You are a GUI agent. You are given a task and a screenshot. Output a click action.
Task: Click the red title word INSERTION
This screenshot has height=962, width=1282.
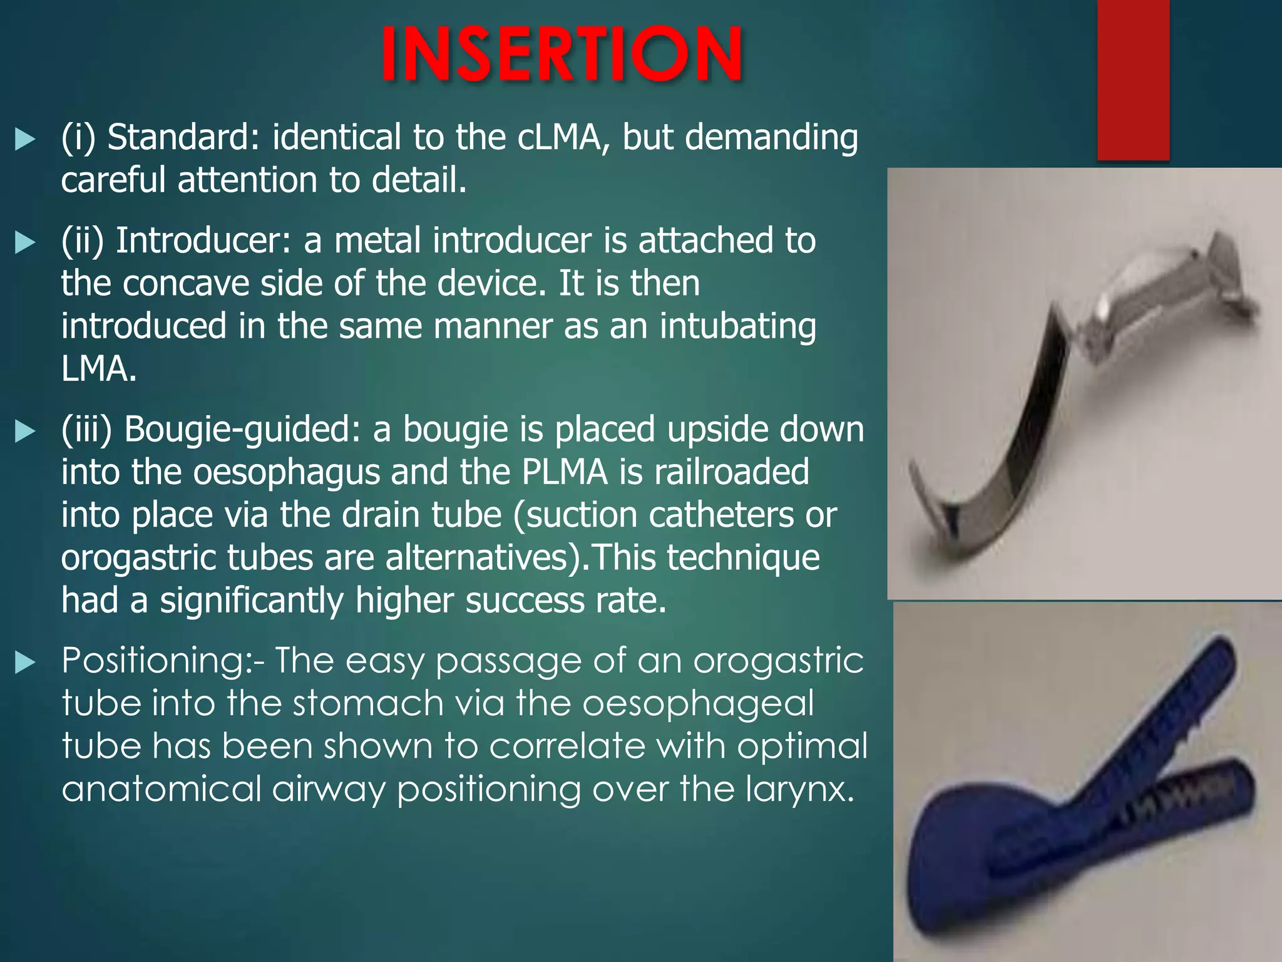[562, 55]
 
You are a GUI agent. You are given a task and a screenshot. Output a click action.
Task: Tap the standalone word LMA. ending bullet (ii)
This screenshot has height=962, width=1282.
[98, 369]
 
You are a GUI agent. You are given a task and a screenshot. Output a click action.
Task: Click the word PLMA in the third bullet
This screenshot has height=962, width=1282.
[564, 472]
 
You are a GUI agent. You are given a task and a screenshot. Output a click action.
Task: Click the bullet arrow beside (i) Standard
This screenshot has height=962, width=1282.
[25, 139]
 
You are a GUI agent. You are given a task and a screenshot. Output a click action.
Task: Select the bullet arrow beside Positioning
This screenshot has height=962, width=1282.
[25, 662]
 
